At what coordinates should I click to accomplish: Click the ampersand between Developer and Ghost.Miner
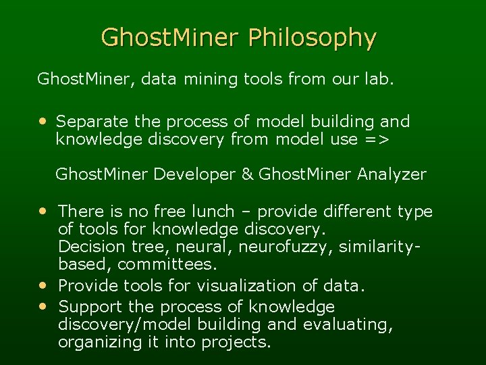[x=248, y=174]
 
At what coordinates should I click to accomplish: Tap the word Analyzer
[x=393, y=174]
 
